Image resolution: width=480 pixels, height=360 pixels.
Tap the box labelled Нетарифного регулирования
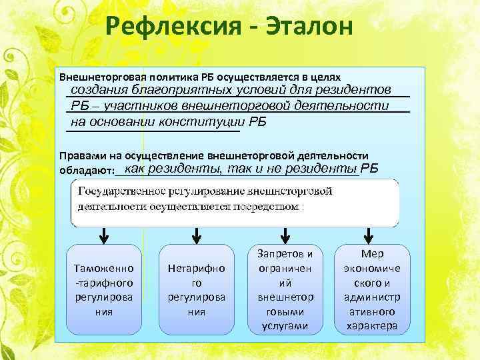click(196, 289)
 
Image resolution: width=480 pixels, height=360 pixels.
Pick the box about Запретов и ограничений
click(285, 289)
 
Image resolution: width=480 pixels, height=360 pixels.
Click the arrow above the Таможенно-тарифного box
click(105, 235)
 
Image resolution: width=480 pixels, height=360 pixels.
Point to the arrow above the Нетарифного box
click(197, 235)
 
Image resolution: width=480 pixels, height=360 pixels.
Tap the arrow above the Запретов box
click(285, 235)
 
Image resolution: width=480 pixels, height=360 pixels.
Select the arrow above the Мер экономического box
click(368, 235)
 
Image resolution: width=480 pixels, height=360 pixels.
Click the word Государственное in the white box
click(117, 191)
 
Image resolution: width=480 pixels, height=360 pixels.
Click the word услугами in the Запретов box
click(285, 326)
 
